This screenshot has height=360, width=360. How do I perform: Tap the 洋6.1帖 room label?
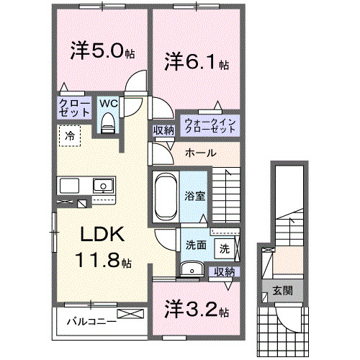(194, 62)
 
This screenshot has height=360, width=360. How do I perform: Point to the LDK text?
(102, 235)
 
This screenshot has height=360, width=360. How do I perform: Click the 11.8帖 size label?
(102, 260)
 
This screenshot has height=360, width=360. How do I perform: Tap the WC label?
(108, 104)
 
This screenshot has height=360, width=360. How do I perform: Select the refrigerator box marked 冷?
(70, 135)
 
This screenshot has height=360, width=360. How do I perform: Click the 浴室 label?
(194, 195)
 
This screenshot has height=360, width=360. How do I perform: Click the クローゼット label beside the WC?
(75, 108)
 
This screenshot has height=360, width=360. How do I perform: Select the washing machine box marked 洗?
(224, 249)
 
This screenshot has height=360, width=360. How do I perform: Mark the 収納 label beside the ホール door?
(163, 130)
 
